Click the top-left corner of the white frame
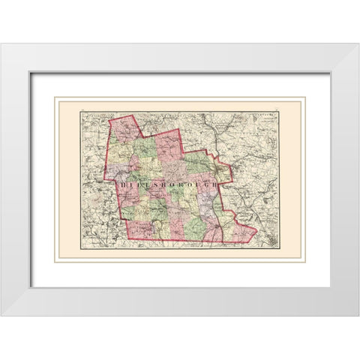(1, 43)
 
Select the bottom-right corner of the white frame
(358, 315)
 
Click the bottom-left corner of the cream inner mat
(54, 263)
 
